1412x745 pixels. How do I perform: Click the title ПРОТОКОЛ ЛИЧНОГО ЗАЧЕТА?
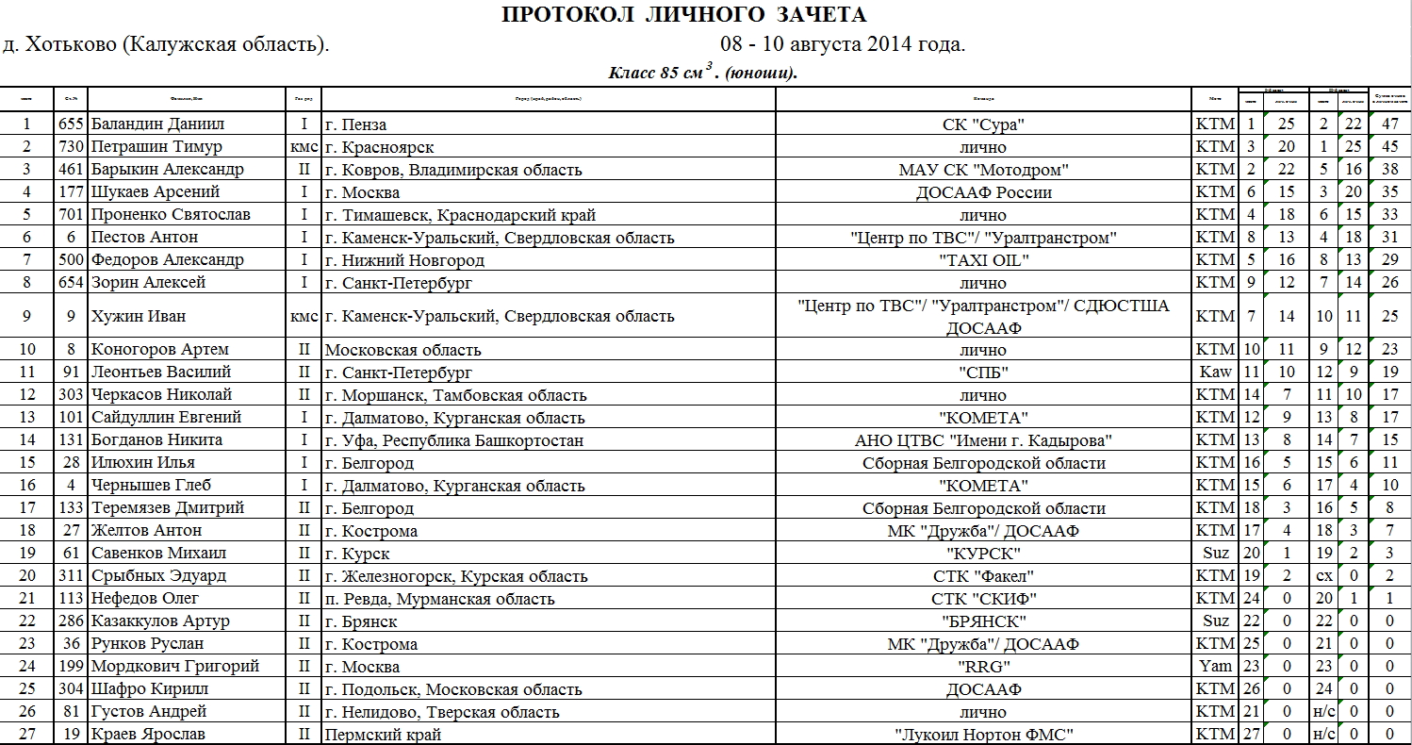click(x=683, y=14)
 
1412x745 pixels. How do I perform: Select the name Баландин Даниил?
click(x=157, y=124)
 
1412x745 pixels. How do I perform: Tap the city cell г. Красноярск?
click(x=379, y=146)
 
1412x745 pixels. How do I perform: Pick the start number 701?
click(x=71, y=214)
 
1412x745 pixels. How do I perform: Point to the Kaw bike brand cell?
click(x=1215, y=372)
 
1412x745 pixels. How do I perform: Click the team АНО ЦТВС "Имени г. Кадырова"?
click(x=982, y=439)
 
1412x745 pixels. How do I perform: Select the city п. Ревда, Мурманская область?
click(x=439, y=598)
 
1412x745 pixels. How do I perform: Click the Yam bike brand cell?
click(x=1215, y=666)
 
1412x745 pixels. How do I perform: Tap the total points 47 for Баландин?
click(x=1389, y=124)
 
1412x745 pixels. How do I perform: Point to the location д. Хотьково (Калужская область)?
click(x=166, y=44)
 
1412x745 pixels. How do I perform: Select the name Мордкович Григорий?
click(x=174, y=666)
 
